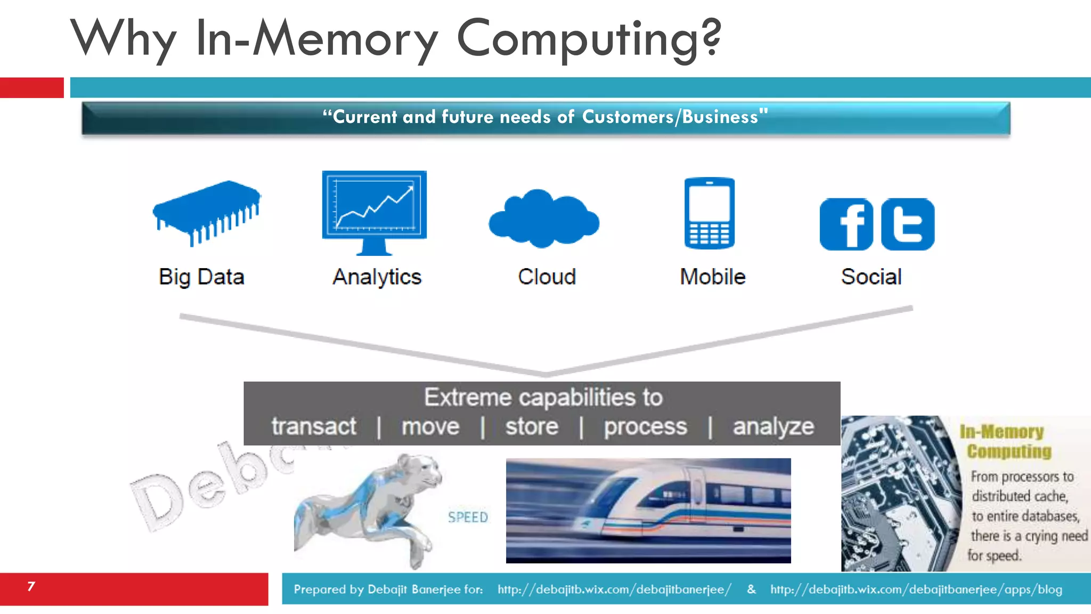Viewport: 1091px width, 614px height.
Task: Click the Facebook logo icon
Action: pos(846,224)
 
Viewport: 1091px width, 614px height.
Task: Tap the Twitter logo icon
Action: pos(908,224)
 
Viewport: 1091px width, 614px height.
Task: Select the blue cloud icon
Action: pos(544,219)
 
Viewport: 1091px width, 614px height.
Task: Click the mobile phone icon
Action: pos(709,213)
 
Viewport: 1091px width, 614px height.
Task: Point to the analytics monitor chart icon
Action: pos(374,208)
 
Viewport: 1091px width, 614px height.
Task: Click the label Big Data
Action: pos(201,277)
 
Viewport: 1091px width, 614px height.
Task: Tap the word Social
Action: pos(871,277)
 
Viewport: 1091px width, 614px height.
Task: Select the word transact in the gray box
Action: pos(314,426)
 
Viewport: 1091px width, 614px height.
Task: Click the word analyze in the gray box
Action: pos(773,427)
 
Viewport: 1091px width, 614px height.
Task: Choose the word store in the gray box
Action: pos(532,426)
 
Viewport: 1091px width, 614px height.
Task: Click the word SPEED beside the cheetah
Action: pos(468,517)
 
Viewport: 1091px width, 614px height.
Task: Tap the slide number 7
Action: pos(31,587)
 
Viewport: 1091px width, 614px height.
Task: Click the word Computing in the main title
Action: pos(589,38)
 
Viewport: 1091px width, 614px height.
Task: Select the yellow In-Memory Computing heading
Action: pos(1005,441)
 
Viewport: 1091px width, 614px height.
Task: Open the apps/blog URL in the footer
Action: pos(916,589)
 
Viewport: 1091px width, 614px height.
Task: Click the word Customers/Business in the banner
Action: pos(670,117)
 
